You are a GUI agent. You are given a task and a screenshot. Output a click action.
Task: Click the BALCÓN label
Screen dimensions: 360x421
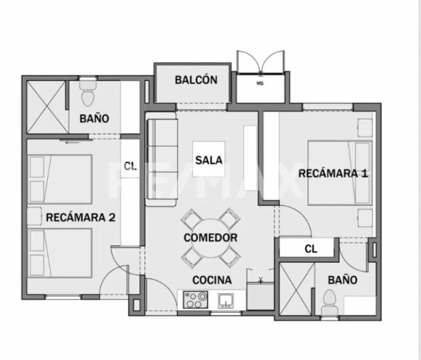click(x=196, y=80)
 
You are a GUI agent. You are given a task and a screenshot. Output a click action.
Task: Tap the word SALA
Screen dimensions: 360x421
click(x=209, y=160)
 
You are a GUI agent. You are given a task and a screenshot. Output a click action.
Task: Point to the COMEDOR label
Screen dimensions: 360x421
click(x=210, y=238)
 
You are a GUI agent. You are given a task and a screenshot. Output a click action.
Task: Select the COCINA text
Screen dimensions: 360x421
click(x=212, y=280)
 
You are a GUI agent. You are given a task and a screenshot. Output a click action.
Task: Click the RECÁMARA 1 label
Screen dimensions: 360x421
click(x=333, y=173)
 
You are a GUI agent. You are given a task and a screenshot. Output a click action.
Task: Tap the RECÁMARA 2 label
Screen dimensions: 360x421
click(x=80, y=217)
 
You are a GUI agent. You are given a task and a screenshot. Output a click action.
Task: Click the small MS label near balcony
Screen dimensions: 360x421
click(x=260, y=83)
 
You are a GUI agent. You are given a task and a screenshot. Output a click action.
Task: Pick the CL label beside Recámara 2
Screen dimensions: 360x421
click(x=130, y=166)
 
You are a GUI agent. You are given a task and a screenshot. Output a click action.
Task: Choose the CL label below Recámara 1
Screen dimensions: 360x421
click(x=311, y=249)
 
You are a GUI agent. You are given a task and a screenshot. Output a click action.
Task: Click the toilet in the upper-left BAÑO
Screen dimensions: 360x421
click(x=87, y=94)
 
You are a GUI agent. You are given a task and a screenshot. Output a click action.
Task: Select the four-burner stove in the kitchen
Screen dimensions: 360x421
click(x=195, y=300)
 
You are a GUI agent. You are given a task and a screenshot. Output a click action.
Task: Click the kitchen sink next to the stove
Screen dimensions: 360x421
click(x=225, y=300)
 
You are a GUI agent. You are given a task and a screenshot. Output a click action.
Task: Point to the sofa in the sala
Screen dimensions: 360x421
click(x=162, y=161)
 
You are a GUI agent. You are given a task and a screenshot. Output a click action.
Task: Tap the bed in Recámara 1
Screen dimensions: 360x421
click(x=339, y=172)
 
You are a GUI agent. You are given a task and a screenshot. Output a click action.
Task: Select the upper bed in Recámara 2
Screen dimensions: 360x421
click(x=60, y=179)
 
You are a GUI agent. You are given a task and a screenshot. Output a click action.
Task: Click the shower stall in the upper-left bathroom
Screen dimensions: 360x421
click(x=46, y=106)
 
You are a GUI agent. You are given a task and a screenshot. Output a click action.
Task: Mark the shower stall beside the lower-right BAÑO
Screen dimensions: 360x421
click(x=296, y=290)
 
